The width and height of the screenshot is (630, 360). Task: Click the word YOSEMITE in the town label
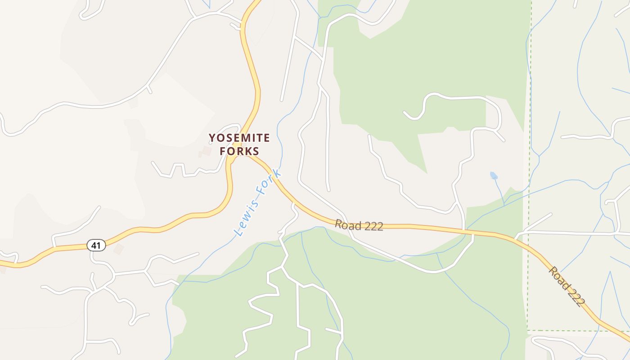pyautogui.click(x=239, y=138)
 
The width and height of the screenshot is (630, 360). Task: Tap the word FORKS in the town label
pyautogui.click(x=239, y=151)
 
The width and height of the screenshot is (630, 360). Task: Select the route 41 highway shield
pyautogui.click(x=96, y=245)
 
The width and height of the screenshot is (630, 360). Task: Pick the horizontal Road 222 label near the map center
pyautogui.click(x=359, y=225)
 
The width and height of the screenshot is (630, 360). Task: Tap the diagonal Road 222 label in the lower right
pyautogui.click(x=566, y=286)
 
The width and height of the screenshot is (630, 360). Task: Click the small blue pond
pyautogui.click(x=494, y=175)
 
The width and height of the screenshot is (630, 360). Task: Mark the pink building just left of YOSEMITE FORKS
pyautogui.click(x=206, y=151)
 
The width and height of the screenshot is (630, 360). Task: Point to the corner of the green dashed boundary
pyautogui.click(x=527, y=331)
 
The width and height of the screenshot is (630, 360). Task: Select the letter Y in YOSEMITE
pyautogui.click(x=212, y=138)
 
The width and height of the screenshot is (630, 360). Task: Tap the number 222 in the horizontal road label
pyautogui.click(x=373, y=227)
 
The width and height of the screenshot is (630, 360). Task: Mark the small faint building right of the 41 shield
pyautogui.click(x=118, y=249)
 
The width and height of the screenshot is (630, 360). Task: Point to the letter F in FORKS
pyautogui.click(x=223, y=151)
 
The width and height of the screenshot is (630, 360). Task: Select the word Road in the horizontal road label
pyautogui.click(x=347, y=225)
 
